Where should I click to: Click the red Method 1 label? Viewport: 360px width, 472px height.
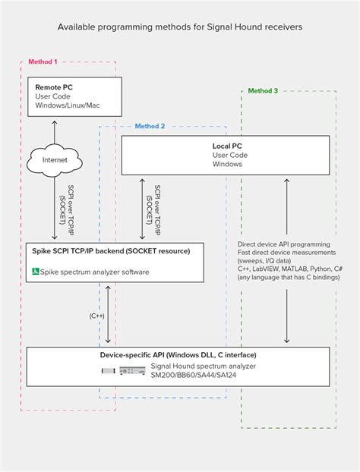point(43,61)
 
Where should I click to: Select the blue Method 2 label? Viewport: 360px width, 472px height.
point(150,126)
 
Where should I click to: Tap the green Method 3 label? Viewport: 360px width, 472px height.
point(263,90)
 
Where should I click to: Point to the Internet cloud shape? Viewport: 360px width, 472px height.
point(55,160)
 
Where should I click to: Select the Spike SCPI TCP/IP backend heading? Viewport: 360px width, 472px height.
point(111,250)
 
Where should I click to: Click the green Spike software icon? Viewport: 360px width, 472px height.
point(36,272)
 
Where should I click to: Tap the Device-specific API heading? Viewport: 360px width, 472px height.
point(178,355)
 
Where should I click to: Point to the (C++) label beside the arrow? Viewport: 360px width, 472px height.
point(97,315)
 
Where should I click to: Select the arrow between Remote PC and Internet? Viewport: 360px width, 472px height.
point(55,131)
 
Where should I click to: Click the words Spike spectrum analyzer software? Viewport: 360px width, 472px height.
point(96,272)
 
